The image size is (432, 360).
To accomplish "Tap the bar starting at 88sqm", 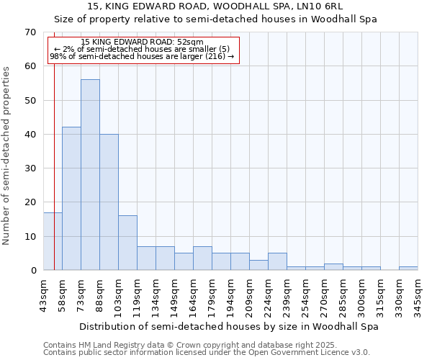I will [109, 202].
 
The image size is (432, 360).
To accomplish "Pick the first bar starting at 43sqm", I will [53, 241].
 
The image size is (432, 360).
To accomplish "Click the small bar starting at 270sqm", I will [333, 267].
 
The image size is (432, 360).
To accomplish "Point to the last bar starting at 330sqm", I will [408, 269].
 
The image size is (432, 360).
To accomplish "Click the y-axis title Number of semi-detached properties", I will [7, 156].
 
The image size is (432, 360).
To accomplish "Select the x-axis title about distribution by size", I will [228, 326].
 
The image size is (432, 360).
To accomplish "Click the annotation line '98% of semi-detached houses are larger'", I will [142, 56].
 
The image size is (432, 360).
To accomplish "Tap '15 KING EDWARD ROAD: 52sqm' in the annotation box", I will [142, 42].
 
